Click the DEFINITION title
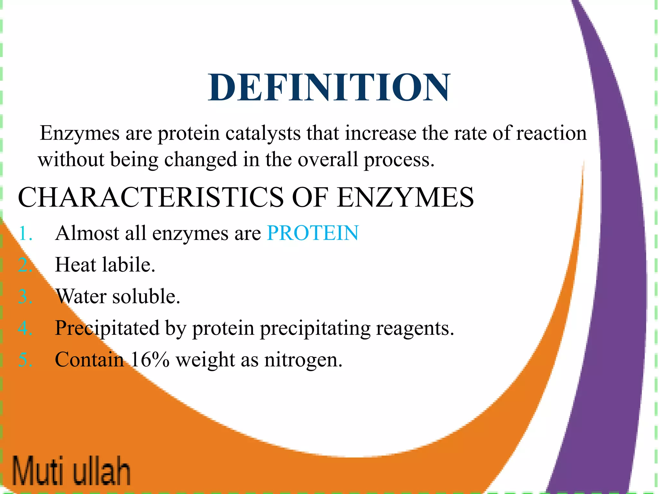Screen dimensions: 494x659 pos(329,87)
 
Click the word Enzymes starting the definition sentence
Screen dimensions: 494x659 pos(79,133)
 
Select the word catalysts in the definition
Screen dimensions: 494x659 pos(262,133)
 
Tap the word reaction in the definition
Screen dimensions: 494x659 pos(551,133)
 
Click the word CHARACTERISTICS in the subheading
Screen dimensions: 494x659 pos(151,197)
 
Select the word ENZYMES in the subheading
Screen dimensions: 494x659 pos(405,197)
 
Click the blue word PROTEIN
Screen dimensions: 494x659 pos(312,233)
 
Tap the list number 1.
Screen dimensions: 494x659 pos(25,233)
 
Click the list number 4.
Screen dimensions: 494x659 pos(25,328)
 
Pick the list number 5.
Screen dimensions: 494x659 pos(25,360)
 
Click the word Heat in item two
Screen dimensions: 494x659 pos(76,265)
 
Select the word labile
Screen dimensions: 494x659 pos(128,265)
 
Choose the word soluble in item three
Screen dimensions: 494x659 pos(146,296)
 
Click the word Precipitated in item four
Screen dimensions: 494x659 pos(107,328)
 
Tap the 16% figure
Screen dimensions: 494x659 pos(150,360)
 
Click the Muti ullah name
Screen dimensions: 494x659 pos(71,470)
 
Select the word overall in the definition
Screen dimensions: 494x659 pos(328,160)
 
